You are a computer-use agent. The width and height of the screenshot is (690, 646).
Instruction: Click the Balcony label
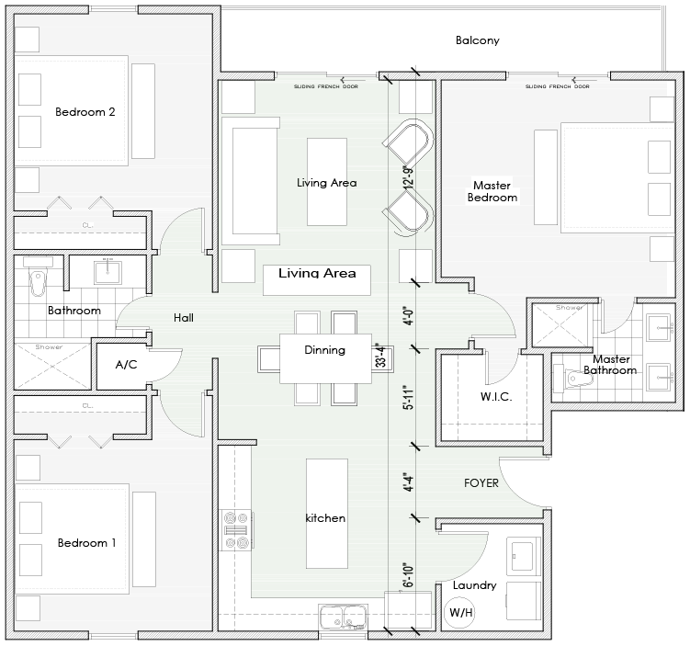click(477, 40)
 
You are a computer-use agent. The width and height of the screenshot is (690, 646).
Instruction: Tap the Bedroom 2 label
click(85, 113)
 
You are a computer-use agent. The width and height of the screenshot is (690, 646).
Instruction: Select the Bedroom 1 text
click(86, 543)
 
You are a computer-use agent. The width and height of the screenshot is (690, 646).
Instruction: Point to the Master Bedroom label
click(492, 191)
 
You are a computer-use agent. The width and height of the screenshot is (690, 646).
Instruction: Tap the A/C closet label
click(126, 365)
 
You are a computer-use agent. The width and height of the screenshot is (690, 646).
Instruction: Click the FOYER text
click(481, 482)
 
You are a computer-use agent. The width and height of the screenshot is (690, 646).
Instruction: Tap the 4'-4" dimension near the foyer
click(405, 482)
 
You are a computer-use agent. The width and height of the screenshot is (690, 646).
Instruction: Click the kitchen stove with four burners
click(234, 530)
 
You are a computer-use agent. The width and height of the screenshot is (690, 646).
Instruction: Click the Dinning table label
click(324, 350)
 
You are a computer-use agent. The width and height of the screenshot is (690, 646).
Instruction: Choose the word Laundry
click(475, 585)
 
